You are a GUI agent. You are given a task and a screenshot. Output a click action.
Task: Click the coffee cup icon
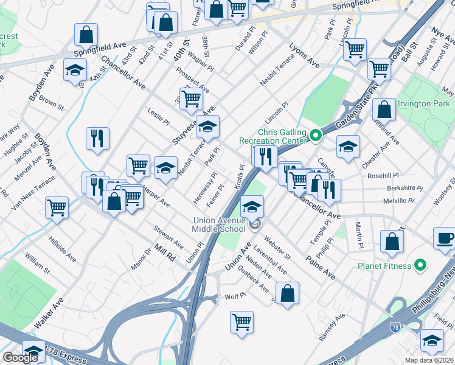[445, 237]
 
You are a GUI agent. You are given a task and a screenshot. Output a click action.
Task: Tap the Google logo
[20, 358]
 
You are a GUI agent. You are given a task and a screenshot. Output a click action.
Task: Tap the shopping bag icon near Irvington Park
[384, 110]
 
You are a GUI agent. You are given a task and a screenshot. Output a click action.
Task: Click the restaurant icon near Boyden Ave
[97, 138]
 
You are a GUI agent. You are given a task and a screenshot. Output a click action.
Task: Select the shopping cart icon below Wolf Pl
[241, 321]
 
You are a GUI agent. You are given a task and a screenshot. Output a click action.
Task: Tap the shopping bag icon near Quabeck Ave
[288, 292]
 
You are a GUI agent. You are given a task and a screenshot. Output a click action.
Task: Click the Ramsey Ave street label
[332, 326]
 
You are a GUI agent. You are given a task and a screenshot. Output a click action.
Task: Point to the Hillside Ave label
[62, 249]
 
